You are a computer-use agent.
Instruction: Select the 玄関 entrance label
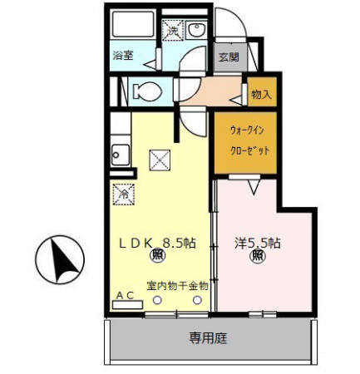point(229,58)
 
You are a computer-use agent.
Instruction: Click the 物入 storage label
point(260,95)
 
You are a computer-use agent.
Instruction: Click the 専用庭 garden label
point(207,338)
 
